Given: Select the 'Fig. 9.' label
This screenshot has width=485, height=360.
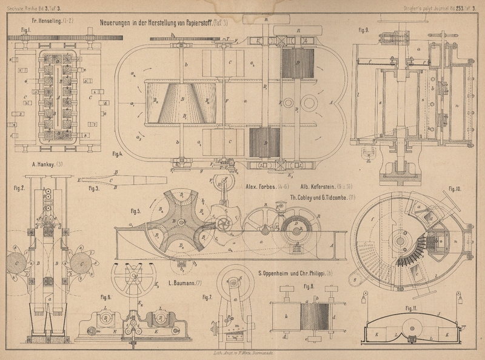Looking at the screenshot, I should click(x=364, y=30).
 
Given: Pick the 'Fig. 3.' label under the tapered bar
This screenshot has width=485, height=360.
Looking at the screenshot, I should click(x=93, y=188).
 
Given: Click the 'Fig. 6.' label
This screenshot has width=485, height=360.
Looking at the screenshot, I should click(x=105, y=297).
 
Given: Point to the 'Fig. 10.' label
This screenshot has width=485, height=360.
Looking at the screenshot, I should click(x=455, y=190).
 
